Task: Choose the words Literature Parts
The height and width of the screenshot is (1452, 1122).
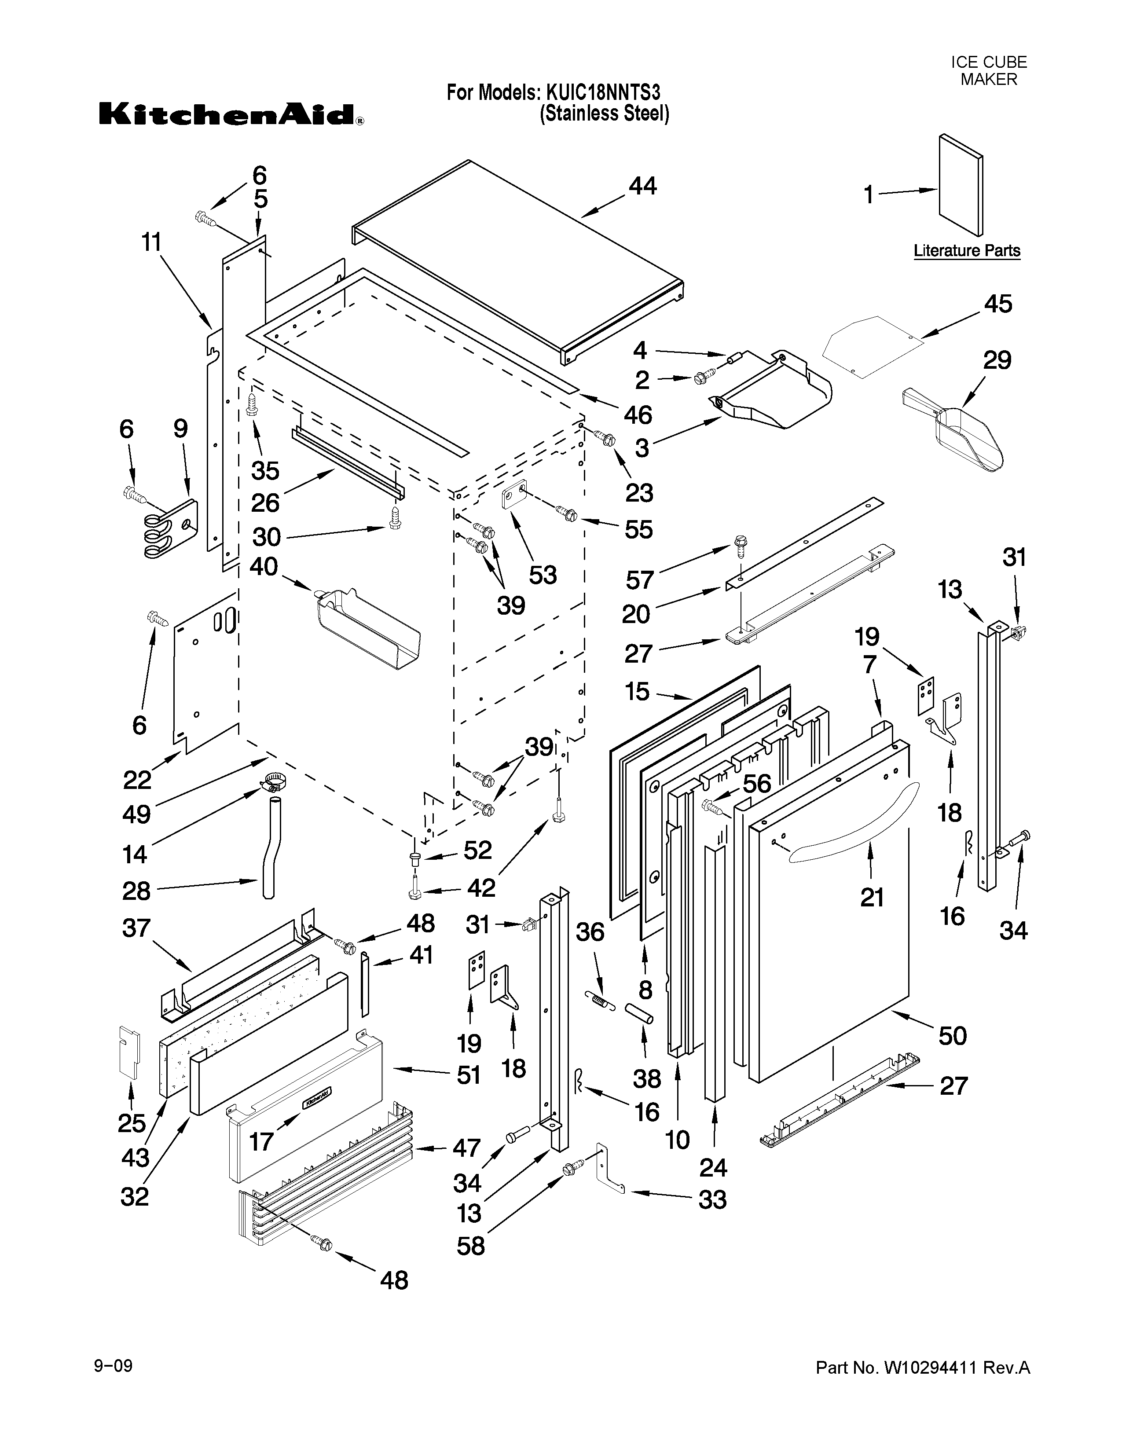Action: click(967, 251)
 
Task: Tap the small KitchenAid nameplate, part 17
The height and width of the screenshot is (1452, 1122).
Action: click(317, 1098)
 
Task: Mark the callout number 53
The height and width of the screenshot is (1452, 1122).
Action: click(543, 574)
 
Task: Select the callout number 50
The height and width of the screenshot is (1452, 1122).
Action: click(952, 1035)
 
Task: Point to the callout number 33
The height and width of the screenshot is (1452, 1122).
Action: click(712, 1199)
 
